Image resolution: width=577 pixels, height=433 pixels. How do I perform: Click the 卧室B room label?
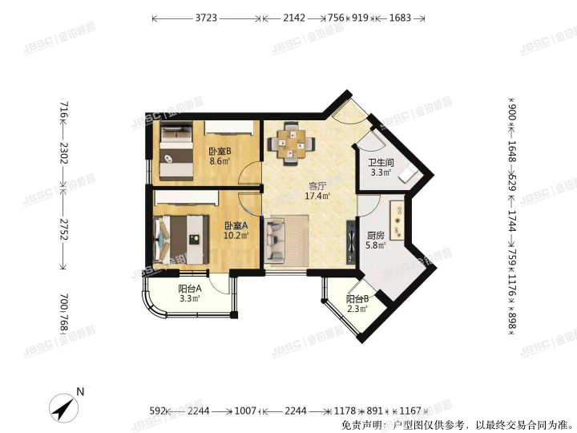(220, 151)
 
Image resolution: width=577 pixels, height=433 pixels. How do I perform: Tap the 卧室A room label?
(236, 226)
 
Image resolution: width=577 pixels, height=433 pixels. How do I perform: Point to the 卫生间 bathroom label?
(380, 162)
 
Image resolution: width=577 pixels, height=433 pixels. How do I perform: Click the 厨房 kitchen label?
(376, 236)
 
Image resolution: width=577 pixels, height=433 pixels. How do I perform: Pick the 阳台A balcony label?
(189, 289)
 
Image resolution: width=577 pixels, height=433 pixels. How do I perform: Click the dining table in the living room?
(290, 144)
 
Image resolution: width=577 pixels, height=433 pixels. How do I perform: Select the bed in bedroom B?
(175, 152)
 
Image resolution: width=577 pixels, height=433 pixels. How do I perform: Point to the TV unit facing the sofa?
(349, 241)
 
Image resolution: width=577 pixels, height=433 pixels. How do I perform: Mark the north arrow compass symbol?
(65, 409)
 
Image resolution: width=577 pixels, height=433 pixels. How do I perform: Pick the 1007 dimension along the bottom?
(245, 411)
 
